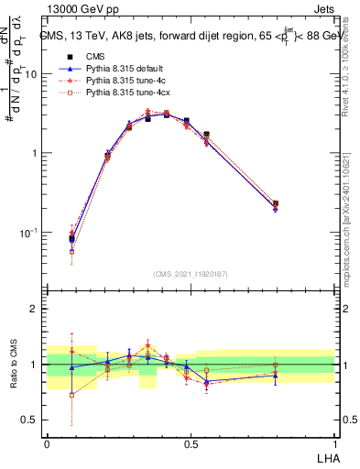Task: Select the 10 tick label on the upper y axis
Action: [29, 74]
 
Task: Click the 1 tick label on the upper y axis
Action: [33, 154]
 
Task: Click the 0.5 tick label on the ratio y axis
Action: [29, 420]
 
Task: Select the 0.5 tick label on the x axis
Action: [190, 442]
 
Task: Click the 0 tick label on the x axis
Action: [47, 442]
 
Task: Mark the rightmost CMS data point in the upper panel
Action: [276, 204]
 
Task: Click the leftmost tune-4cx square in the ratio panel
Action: [72, 395]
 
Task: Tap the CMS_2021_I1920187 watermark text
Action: [191, 274]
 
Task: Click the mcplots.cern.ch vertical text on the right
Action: [352, 229]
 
